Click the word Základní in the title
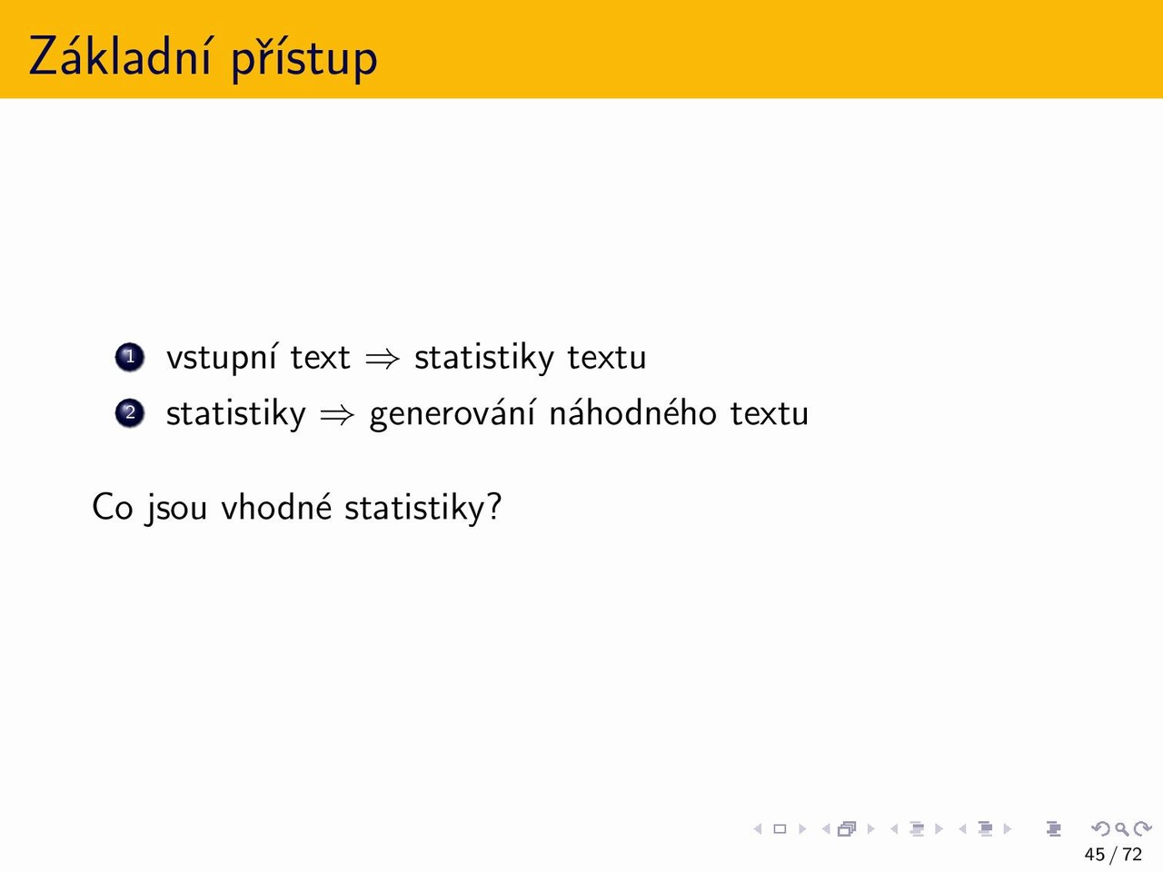[120, 55]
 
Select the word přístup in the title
[304, 59]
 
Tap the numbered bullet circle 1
[130, 357]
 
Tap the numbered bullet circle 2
[130, 413]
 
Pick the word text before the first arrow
[320, 358]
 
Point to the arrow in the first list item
[382, 359]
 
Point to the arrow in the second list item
[337, 415]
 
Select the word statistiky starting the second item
[235, 414]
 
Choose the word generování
[452, 414]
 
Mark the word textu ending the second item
[770, 414]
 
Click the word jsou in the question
[176, 510]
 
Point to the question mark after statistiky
[493, 506]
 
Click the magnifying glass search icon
[1121, 829]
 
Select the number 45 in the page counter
[1095, 855]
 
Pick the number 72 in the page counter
[1132, 855]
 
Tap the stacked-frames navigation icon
[847, 828]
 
